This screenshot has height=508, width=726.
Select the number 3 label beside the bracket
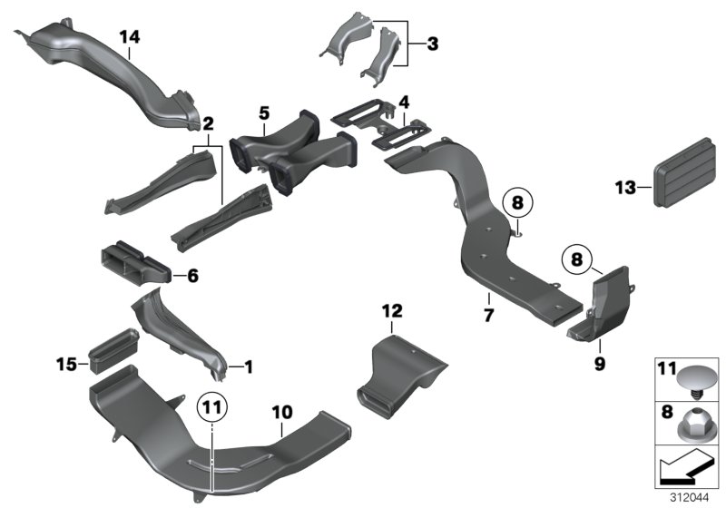432,43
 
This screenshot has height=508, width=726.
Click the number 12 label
391,311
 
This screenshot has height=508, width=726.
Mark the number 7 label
487,316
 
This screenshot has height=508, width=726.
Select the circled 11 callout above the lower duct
210,407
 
